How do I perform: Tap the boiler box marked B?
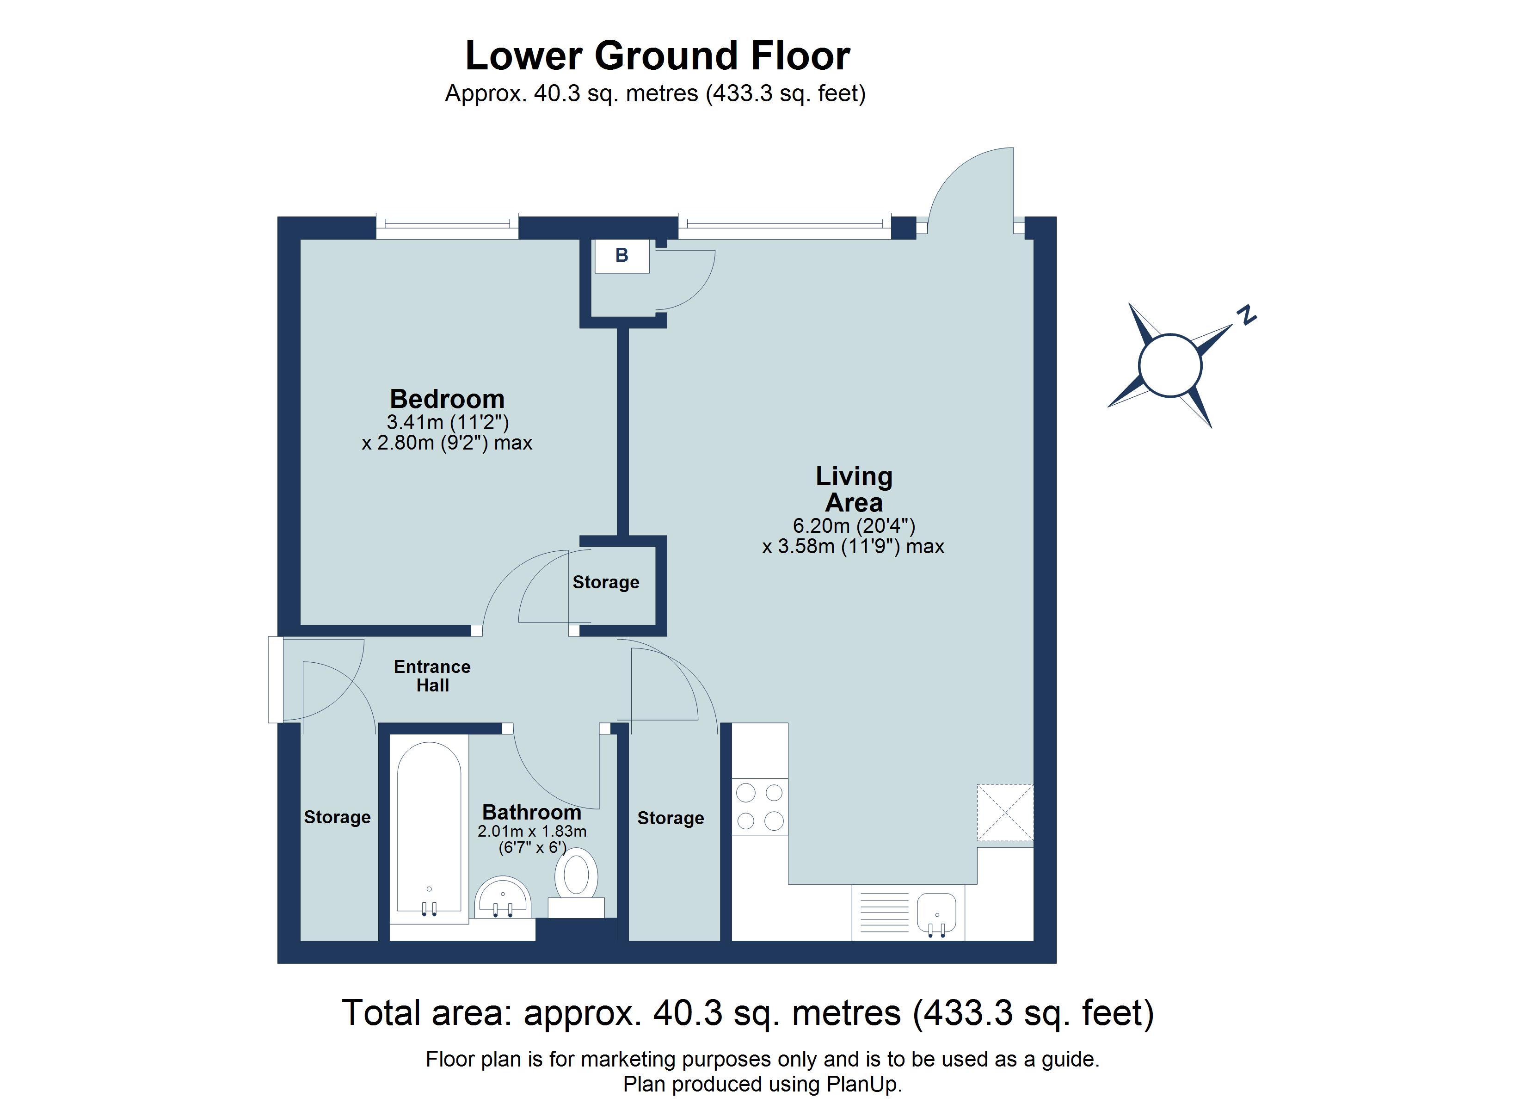621,256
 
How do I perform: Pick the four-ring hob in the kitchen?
760,807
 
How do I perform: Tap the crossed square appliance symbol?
1005,813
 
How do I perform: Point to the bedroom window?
448,226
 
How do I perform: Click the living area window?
785,226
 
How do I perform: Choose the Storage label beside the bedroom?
606,582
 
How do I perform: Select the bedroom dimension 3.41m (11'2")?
448,422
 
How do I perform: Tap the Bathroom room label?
531,813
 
